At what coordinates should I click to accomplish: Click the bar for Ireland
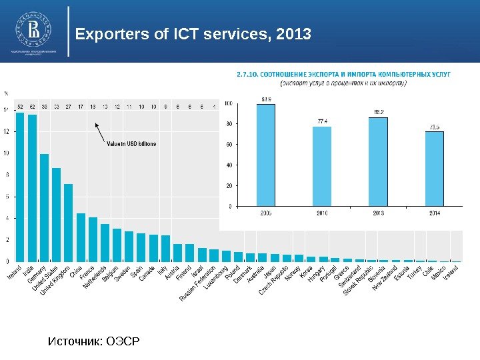(x=20, y=187)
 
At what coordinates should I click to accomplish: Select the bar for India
(x=32, y=188)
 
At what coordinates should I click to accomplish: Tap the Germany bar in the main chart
(x=45, y=207)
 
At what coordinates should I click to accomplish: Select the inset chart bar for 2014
(x=434, y=169)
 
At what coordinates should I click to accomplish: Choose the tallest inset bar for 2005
(x=265, y=155)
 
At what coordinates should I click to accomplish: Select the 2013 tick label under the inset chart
(x=378, y=213)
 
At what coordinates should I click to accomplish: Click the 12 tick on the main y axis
(x=7, y=132)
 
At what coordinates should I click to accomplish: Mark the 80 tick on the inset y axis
(x=229, y=123)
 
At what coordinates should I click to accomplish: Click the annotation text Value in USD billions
(x=132, y=144)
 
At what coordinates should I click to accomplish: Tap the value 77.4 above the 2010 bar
(x=322, y=121)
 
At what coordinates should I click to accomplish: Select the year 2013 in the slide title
(x=296, y=33)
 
